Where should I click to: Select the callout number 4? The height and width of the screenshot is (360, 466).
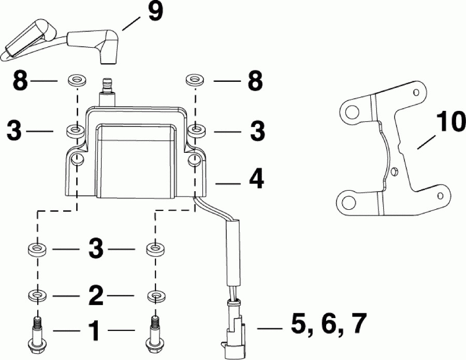click(x=255, y=179)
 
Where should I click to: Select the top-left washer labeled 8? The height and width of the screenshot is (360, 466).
click(x=77, y=81)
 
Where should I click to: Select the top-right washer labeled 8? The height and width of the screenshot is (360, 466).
click(x=194, y=80)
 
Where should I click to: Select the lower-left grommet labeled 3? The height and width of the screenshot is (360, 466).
click(x=36, y=249)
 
